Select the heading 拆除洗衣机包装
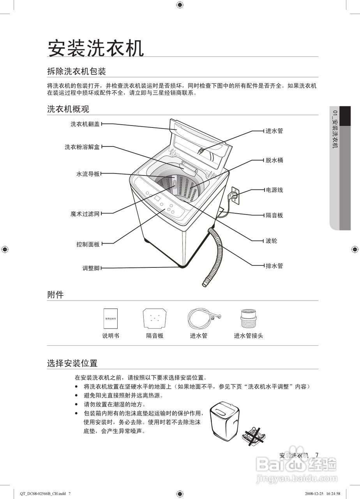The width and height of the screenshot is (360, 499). coord(76,71)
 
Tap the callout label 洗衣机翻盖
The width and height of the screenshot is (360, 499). coord(85,124)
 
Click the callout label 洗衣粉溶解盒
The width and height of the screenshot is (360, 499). coord(82,147)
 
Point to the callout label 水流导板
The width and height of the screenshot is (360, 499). coord(88,174)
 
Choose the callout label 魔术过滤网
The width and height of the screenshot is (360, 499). coord(85,214)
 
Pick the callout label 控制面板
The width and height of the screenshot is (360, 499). coord(88,244)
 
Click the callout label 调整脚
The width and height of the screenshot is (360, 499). coord(91,268)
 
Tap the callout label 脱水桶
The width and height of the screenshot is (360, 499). coord(274,160)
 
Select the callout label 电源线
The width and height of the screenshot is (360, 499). coord(274,190)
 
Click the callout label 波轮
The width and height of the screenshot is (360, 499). coord(272,241)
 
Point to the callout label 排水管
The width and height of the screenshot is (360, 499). coord(274,266)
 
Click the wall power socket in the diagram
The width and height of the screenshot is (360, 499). coord(235,194)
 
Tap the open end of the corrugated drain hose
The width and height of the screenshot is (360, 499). coord(207,282)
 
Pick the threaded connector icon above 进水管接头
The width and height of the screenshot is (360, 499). coord(248,318)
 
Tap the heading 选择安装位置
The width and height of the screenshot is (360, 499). coord(72,364)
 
